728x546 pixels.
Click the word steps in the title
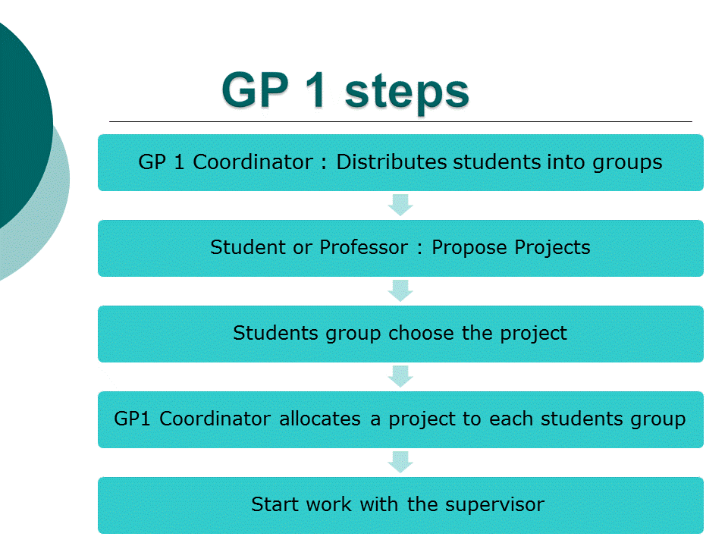coord(406,93)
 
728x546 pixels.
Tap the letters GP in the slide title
coord(255,89)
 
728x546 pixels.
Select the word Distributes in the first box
coord(392,162)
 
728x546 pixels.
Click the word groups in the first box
coord(627,163)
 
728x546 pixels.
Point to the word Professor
coord(363,247)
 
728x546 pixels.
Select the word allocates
coord(320,419)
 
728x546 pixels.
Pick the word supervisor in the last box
coord(494,505)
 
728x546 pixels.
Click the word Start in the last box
coord(275,504)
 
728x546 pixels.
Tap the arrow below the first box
coord(400,206)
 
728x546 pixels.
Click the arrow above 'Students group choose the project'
coord(400,290)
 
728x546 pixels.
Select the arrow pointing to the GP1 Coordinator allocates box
coord(400,377)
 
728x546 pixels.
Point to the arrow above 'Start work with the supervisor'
coord(400,462)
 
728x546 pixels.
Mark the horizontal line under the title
coord(400,121)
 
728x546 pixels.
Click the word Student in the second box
coord(248,247)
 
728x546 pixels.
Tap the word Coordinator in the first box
coord(253,162)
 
